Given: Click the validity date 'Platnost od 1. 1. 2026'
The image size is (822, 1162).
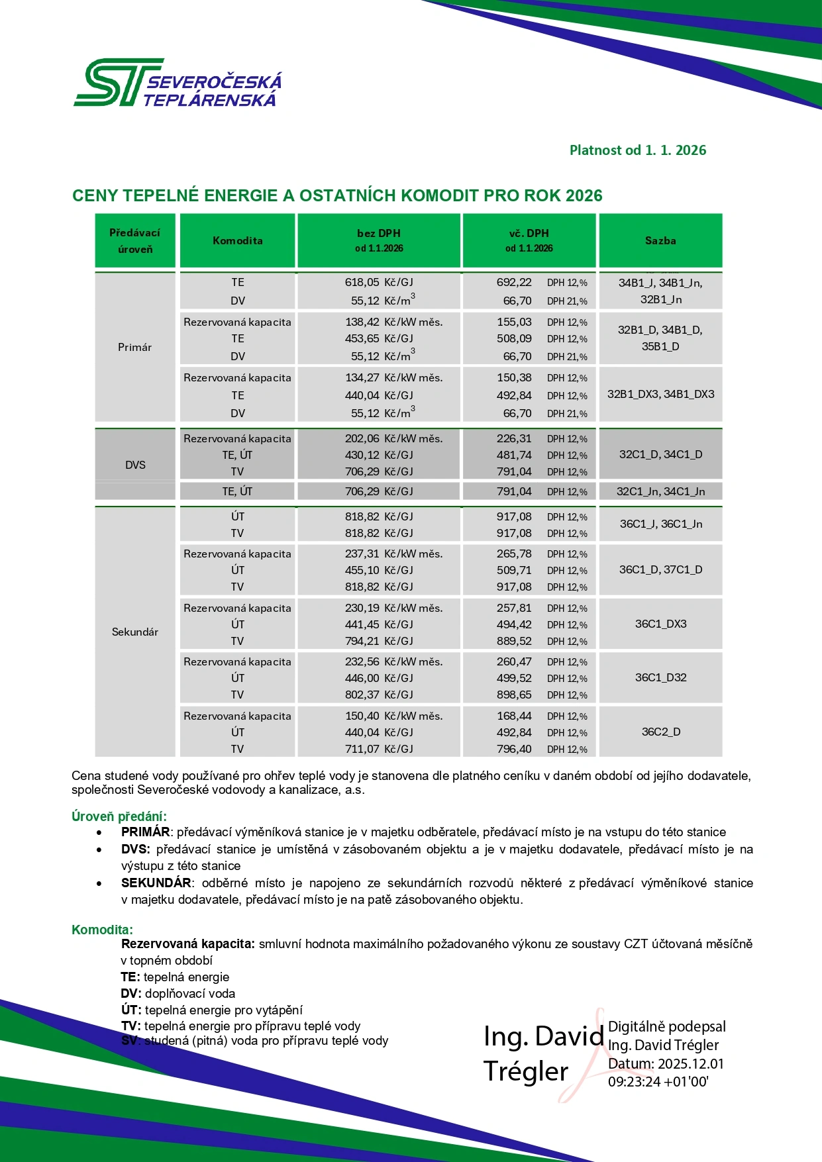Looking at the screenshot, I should tap(637, 150).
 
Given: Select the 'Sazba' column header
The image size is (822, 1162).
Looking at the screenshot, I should tap(660, 241).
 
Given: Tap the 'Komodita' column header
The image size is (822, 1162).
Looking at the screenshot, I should tap(237, 241).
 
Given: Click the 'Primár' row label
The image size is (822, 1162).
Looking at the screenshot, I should tap(134, 348).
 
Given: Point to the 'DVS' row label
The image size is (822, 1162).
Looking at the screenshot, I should tap(135, 465).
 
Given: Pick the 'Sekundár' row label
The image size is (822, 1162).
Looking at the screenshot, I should tap(134, 632).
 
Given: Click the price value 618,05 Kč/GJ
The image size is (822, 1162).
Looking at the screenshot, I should tap(378, 283).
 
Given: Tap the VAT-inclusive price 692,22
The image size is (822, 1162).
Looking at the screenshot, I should tap(514, 283).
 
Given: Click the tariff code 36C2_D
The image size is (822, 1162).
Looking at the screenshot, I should tap(660, 732).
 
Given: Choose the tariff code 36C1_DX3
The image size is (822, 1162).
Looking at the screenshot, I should tap(660, 624).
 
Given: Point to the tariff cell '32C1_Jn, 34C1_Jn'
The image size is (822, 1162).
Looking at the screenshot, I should tap(660, 491).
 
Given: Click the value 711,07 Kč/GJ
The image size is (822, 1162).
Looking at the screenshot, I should tap(378, 749).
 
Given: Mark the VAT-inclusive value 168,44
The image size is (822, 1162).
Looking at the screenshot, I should tap(514, 716).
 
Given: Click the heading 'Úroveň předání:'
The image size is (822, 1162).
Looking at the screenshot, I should tap(119, 816).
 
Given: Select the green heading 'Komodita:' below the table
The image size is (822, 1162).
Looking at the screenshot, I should tap(102, 930).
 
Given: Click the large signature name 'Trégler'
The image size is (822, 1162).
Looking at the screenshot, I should tap(526, 1071).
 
